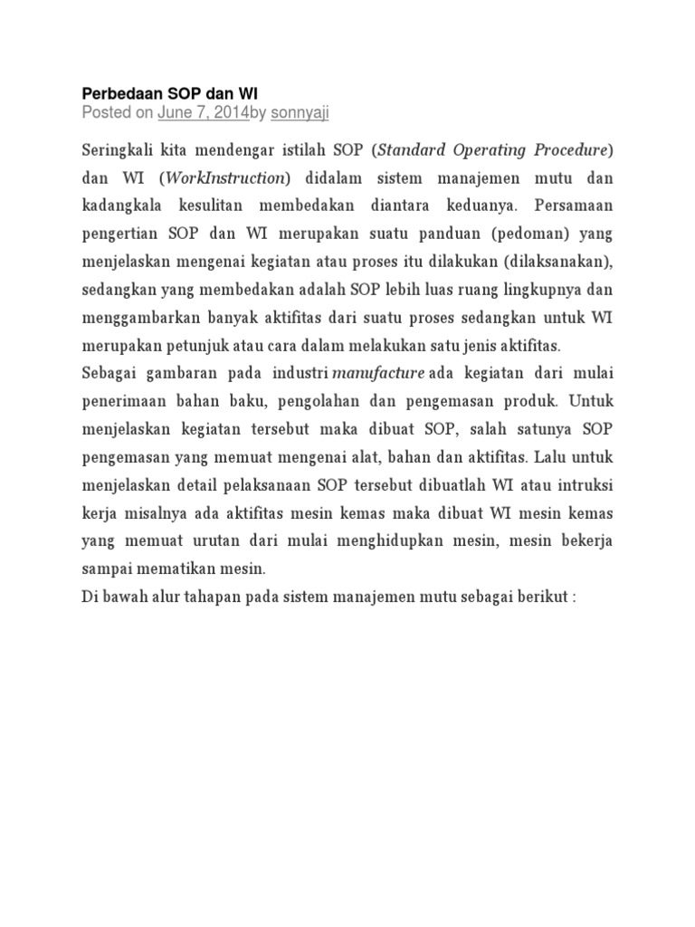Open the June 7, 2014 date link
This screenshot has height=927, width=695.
pos(203,112)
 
